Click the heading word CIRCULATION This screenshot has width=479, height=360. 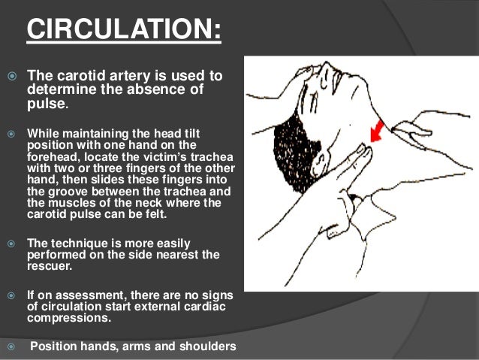click(124, 32)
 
